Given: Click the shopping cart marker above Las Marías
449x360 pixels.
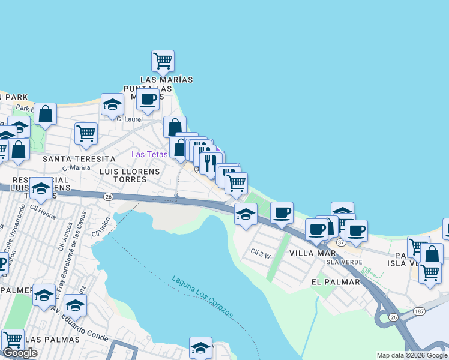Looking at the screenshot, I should click(163, 61).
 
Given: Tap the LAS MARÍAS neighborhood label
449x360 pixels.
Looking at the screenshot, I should click(167, 80).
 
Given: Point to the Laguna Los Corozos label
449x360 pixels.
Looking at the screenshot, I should click(202, 297).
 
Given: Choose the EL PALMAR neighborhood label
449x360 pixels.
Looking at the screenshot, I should click(332, 281).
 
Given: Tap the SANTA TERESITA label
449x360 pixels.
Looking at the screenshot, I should click(79, 159).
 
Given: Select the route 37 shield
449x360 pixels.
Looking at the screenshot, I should click(341, 242).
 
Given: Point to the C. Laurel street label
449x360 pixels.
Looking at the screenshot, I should click(128, 119).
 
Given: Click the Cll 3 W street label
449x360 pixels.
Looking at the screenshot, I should click(261, 254).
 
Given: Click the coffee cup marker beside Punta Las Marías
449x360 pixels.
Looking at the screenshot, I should click(148, 100).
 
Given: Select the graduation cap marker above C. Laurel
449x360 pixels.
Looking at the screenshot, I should click(112, 106).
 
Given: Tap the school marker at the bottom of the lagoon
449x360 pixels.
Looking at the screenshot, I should click(200, 348).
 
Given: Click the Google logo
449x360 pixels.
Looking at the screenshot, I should click(20, 353).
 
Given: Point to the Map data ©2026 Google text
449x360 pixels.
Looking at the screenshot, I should click(411, 355).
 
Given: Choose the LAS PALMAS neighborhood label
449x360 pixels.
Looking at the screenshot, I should click(53, 340).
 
